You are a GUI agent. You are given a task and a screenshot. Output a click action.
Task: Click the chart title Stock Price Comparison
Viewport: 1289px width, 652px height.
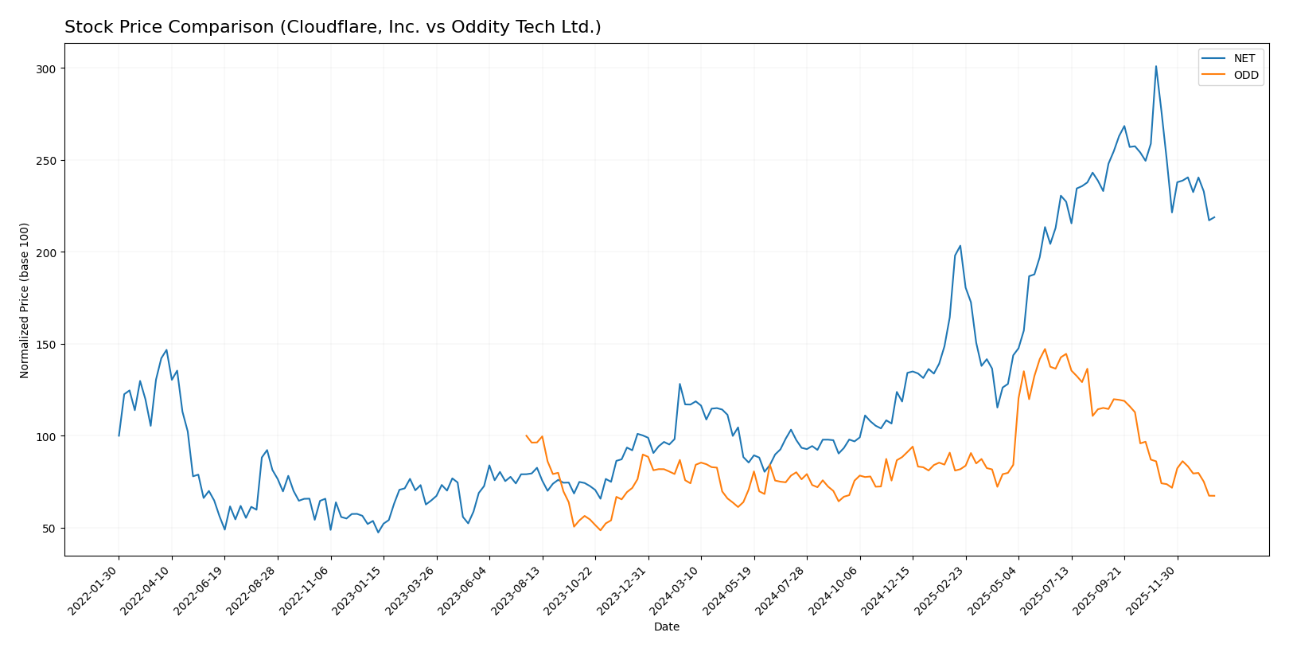(x=333, y=27)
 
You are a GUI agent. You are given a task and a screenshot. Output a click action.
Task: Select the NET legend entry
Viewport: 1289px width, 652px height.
(x=1244, y=59)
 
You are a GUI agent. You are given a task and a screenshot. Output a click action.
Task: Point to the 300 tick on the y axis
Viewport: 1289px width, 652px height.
(x=46, y=68)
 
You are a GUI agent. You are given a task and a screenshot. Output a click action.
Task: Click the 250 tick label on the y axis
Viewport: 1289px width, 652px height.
(x=46, y=161)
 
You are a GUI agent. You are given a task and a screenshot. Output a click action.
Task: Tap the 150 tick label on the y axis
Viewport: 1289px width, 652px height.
(x=46, y=345)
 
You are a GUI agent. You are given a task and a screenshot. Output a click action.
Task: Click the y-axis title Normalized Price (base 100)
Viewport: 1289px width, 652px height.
(x=25, y=300)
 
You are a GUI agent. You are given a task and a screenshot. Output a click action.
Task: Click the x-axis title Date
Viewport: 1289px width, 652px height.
(x=667, y=627)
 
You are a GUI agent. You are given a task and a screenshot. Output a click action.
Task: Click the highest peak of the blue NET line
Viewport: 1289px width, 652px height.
(x=1156, y=66)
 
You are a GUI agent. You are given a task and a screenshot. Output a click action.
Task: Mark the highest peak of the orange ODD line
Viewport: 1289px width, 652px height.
(x=1045, y=349)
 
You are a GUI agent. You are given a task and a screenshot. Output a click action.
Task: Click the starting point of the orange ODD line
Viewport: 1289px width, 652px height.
(x=526, y=435)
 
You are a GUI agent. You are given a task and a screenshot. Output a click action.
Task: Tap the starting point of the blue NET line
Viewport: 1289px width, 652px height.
(x=119, y=435)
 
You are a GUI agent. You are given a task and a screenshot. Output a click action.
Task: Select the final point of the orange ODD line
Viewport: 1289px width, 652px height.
(x=1214, y=496)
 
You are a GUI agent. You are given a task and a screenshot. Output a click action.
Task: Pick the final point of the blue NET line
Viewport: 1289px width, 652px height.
(x=1214, y=217)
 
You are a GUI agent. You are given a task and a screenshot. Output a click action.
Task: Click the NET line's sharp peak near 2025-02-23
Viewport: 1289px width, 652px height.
(x=960, y=245)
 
